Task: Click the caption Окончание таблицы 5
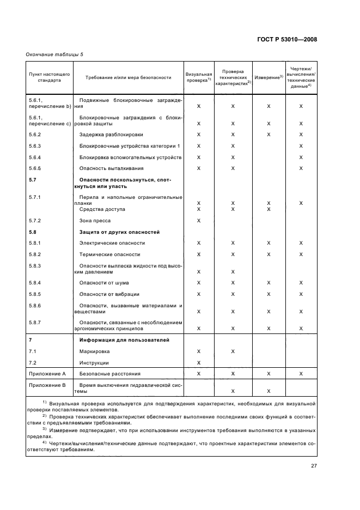[54, 54]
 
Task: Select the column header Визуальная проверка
[199, 77]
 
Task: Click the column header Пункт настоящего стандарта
[50, 77]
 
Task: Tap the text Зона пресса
[95, 221]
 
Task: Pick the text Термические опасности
[109, 254]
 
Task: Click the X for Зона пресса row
[199, 221]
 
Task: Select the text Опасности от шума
[105, 282]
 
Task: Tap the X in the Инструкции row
[199, 363]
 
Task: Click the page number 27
[314, 465]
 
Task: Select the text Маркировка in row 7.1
[95, 351]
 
